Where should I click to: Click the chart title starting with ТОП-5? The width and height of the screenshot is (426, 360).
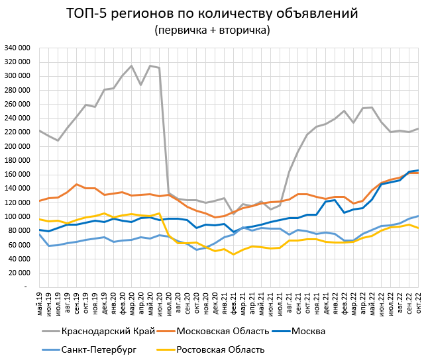tap(212, 13)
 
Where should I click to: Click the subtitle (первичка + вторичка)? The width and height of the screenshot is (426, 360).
tap(212, 30)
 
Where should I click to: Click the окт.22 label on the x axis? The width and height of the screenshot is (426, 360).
tap(417, 301)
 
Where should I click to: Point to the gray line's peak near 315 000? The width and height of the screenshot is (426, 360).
tap(132, 66)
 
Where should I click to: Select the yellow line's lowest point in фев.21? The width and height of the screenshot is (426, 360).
tap(233, 254)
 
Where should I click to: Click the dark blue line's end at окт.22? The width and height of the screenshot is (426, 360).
tap(417, 170)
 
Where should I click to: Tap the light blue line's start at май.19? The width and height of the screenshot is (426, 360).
tap(40, 234)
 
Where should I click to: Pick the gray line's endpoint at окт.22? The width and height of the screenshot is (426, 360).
tap(417, 128)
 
